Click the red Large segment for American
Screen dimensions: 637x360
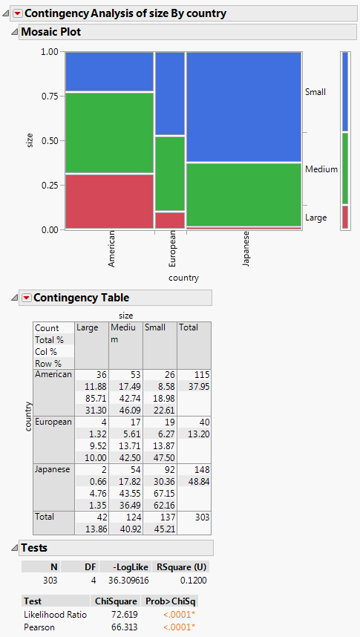[109, 200]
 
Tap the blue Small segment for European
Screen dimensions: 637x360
[170, 94]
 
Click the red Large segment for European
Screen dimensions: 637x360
[170, 220]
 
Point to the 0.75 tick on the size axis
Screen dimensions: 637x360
[50, 96]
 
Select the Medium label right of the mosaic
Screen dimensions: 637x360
[321, 169]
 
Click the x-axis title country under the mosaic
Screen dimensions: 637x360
[183, 278]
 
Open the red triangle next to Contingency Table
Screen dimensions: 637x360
[27, 298]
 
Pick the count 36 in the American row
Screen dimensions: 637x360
[92, 375]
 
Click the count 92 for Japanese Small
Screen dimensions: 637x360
[160, 470]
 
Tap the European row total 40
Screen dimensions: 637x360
[194, 422]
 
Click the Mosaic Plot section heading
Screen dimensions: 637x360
[51, 32]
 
